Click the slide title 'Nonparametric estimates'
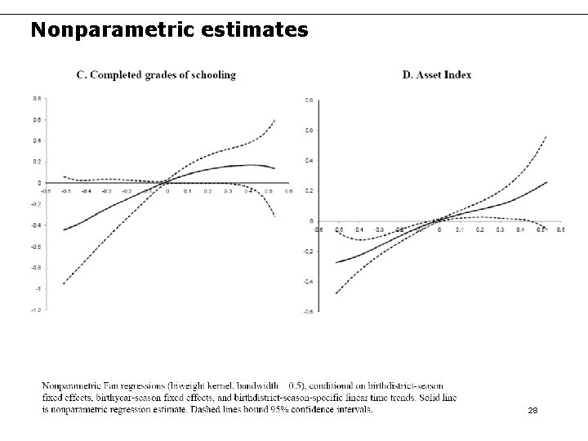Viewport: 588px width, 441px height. [x=169, y=30]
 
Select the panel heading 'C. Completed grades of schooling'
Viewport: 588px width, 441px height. [x=156, y=75]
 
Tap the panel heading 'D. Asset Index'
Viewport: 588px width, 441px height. [x=437, y=75]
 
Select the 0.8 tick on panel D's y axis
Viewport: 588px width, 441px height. [x=309, y=100]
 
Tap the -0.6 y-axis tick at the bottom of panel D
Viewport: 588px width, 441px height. [x=307, y=311]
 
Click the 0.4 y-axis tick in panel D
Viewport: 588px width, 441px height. [x=309, y=160]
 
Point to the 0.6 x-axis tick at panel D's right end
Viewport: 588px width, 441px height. [x=560, y=230]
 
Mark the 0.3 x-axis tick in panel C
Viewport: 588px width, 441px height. [x=228, y=191]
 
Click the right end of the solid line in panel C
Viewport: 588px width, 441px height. [x=275, y=168]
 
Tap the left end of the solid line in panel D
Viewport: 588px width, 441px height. [x=336, y=263]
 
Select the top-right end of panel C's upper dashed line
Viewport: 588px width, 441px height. [x=275, y=120]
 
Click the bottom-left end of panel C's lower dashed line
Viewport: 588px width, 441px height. [x=63, y=283]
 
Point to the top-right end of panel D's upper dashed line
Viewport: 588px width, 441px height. [x=546, y=136]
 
